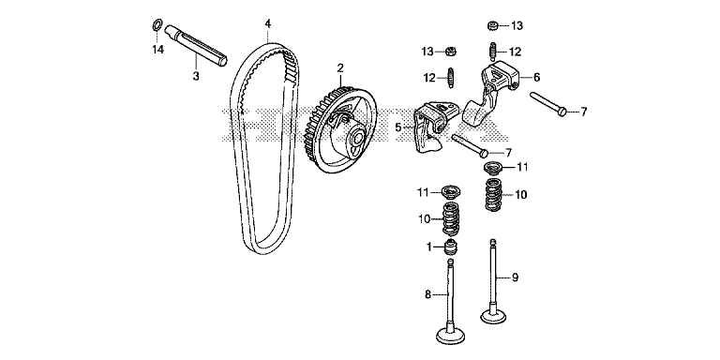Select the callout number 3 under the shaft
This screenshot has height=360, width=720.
(196, 77)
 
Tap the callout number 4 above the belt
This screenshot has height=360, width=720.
(267, 22)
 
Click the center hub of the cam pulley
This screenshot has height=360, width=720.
(357, 139)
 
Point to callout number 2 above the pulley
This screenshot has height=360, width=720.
(340, 68)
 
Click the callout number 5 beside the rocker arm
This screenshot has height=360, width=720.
(398, 127)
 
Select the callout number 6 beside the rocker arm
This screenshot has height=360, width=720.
(536, 78)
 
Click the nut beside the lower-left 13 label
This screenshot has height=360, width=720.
(450, 51)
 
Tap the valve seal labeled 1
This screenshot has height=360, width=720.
(451, 247)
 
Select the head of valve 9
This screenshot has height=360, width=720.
(494, 316)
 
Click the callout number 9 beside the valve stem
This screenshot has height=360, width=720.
(515, 277)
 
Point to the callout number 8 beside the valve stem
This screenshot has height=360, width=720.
(427, 294)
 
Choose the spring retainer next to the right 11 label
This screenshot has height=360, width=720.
(494, 167)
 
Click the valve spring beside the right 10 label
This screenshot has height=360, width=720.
(494, 194)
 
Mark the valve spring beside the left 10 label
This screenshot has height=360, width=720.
(450, 218)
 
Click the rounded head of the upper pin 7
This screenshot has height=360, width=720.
(563, 112)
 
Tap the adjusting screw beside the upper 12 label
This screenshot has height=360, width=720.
(493, 51)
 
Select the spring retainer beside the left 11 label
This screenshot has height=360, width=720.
(450, 191)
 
